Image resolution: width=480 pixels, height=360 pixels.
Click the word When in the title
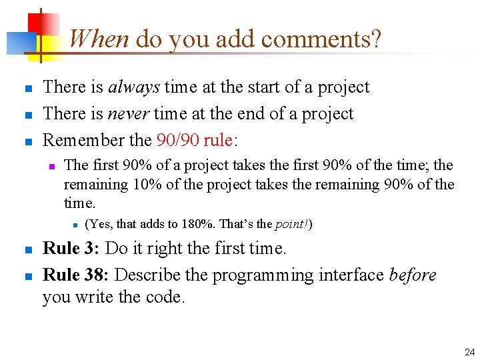pyautogui.click(x=98, y=39)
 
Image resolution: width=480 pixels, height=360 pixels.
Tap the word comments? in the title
pyautogui.click(x=321, y=39)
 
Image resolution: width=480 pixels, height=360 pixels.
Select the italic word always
pyautogui.click(x=134, y=87)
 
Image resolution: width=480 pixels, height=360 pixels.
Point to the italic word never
pyautogui.click(x=129, y=113)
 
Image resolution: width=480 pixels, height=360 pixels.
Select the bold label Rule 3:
pyautogui.click(x=71, y=249)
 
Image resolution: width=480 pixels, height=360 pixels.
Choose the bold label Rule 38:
pyautogui.click(x=77, y=275)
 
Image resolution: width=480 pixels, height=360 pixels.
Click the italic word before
pyautogui.click(x=412, y=275)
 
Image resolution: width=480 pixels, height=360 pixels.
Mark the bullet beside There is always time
pyautogui.click(x=27, y=89)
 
